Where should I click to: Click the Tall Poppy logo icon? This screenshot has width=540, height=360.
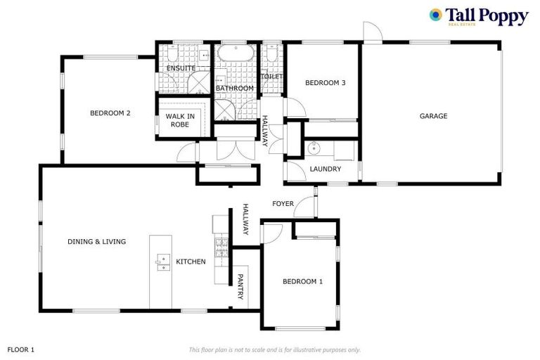[436, 15]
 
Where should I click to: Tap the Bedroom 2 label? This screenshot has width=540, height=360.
[110, 112]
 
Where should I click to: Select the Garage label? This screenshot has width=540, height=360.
[433, 116]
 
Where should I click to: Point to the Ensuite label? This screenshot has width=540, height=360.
[181, 68]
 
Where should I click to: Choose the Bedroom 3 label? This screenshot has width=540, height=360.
[325, 83]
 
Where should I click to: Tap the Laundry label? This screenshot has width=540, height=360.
[326, 169]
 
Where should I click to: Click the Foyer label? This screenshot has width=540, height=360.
[283, 204]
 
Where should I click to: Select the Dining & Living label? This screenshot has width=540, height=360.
[96, 241]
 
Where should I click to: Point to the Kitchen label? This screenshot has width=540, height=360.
[191, 262]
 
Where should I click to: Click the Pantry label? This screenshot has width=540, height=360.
[240, 286]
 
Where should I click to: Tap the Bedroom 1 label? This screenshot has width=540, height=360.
[302, 281]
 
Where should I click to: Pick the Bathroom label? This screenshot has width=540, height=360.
[234, 88]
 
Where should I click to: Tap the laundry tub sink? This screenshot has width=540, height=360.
[314, 148]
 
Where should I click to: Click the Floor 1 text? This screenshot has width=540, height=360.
[21, 349]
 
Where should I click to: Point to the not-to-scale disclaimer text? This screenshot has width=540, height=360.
[274, 349]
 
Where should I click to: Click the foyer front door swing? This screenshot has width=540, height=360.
[306, 205]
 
